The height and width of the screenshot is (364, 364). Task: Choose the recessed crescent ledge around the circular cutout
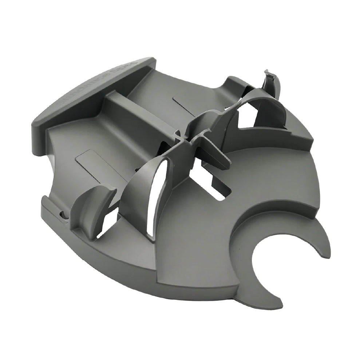255,226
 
